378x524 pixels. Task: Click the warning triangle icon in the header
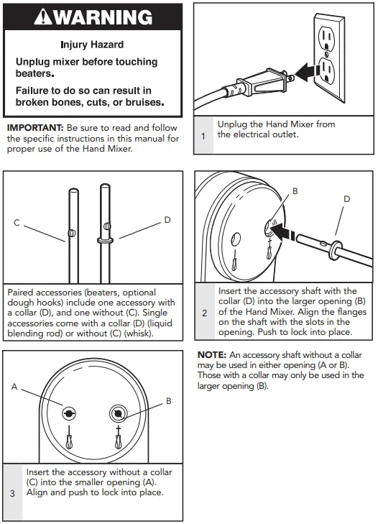click(43, 17)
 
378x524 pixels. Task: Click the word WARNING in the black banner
click(103, 17)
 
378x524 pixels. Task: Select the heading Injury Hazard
click(92, 45)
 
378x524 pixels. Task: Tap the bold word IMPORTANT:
click(35, 128)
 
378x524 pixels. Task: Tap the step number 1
click(203, 136)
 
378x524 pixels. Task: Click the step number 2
click(205, 313)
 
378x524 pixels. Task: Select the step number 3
click(12, 493)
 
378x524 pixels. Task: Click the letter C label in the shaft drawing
click(17, 223)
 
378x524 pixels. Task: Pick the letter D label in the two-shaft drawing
click(167, 219)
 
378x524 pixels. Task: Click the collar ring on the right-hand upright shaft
click(105, 240)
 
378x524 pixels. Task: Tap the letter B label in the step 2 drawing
click(295, 191)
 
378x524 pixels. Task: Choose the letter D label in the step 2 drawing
click(347, 199)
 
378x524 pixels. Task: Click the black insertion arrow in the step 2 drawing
click(282, 233)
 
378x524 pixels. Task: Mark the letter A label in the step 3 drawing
click(14, 387)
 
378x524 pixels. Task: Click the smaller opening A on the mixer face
click(69, 414)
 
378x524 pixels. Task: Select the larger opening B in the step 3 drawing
click(118, 414)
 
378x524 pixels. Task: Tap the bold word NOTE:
click(212, 355)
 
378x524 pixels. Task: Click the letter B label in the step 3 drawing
click(169, 401)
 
